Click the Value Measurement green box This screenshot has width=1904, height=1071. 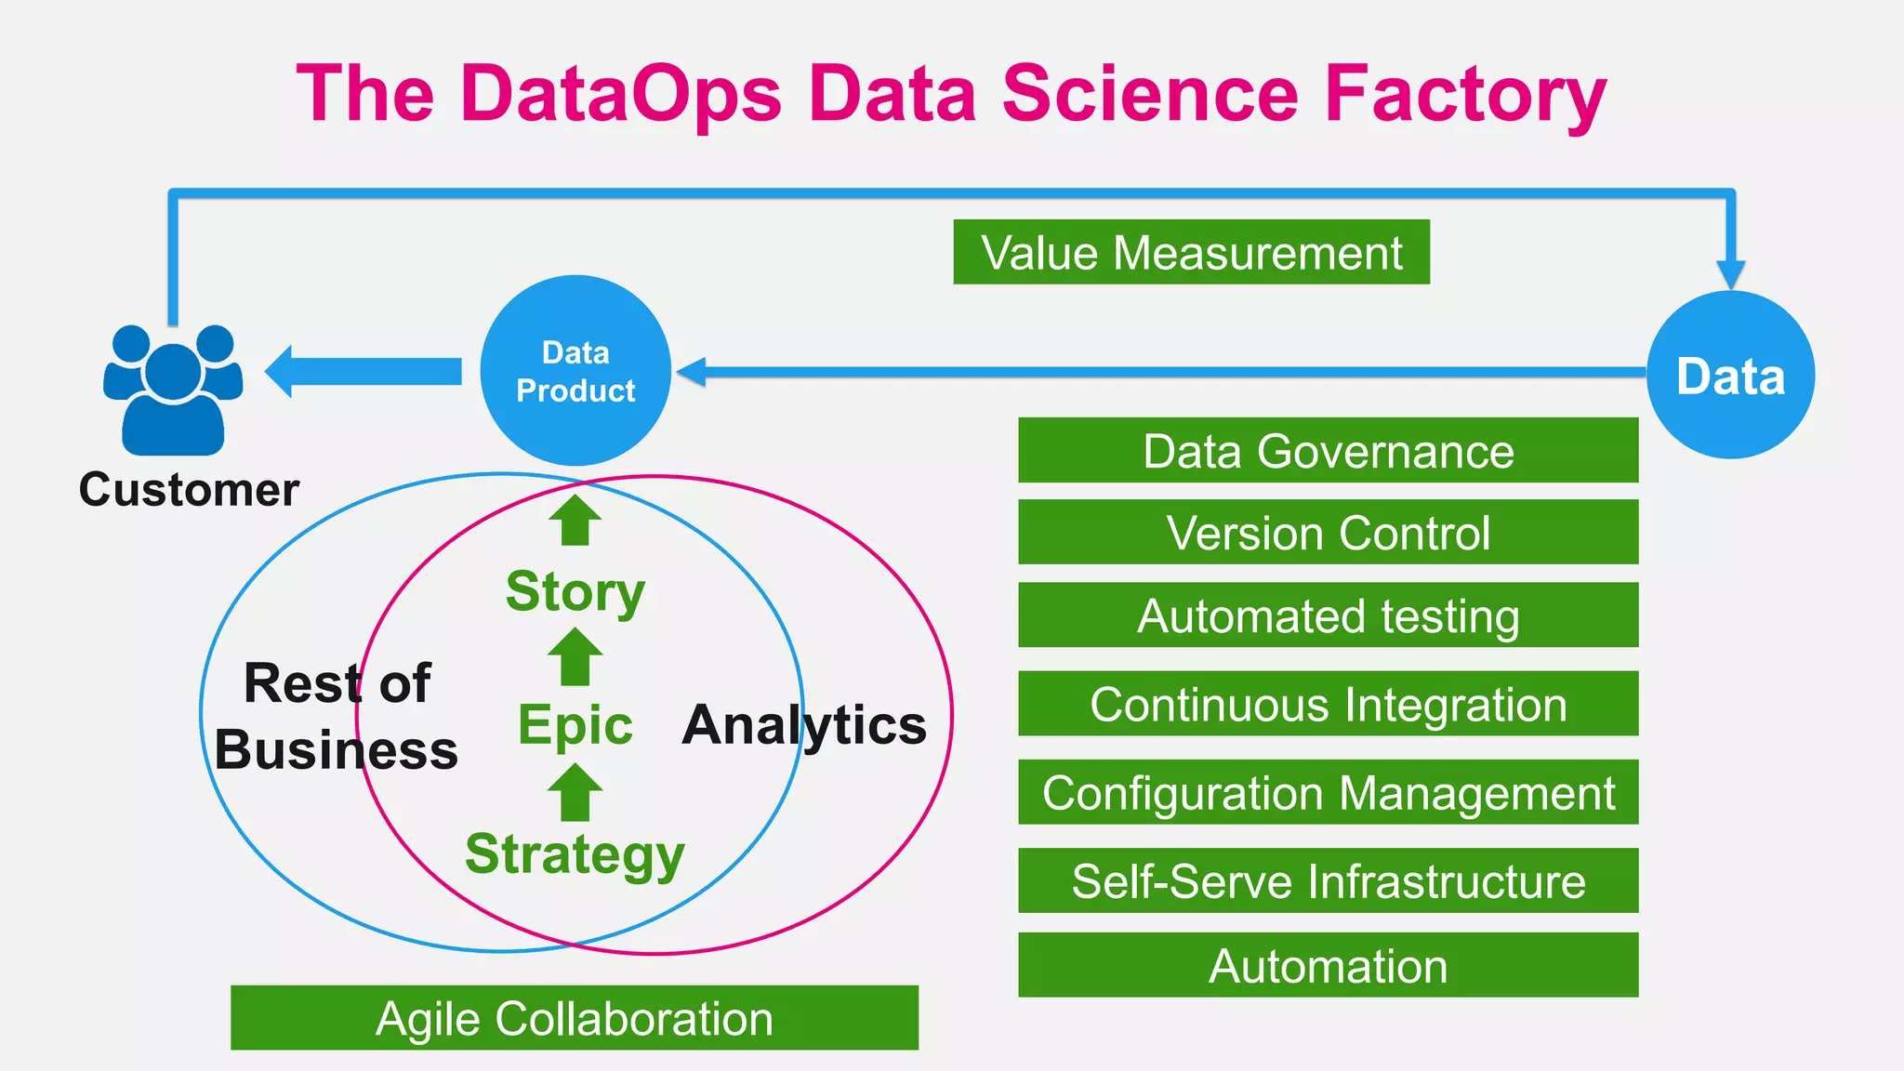[x=1191, y=252]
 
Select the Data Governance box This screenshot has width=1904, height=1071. [x=1328, y=451]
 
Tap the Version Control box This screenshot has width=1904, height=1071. [x=1328, y=532]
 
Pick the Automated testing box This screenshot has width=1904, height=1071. [x=1328, y=615]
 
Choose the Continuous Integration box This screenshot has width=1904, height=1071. [x=1328, y=704]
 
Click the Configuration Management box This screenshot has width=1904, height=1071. [x=1328, y=792]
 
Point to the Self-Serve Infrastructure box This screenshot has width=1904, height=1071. [x=1328, y=880]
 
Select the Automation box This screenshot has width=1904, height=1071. [x=1328, y=965]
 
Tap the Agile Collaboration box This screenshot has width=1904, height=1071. [x=575, y=1018]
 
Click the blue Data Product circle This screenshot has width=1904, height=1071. [x=575, y=371]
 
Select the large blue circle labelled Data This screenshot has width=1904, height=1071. [x=1730, y=376]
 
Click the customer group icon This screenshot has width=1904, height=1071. [x=173, y=390]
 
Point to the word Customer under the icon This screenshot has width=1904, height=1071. [x=189, y=489]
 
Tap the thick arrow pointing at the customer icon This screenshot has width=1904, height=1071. [x=364, y=371]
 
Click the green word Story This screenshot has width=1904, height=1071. [x=575, y=591]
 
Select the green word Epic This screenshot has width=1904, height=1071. [x=575, y=724]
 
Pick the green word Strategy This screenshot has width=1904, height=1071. [x=575, y=854]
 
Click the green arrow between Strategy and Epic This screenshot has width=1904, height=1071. [x=575, y=792]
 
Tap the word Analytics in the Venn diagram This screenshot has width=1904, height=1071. [x=804, y=724]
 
